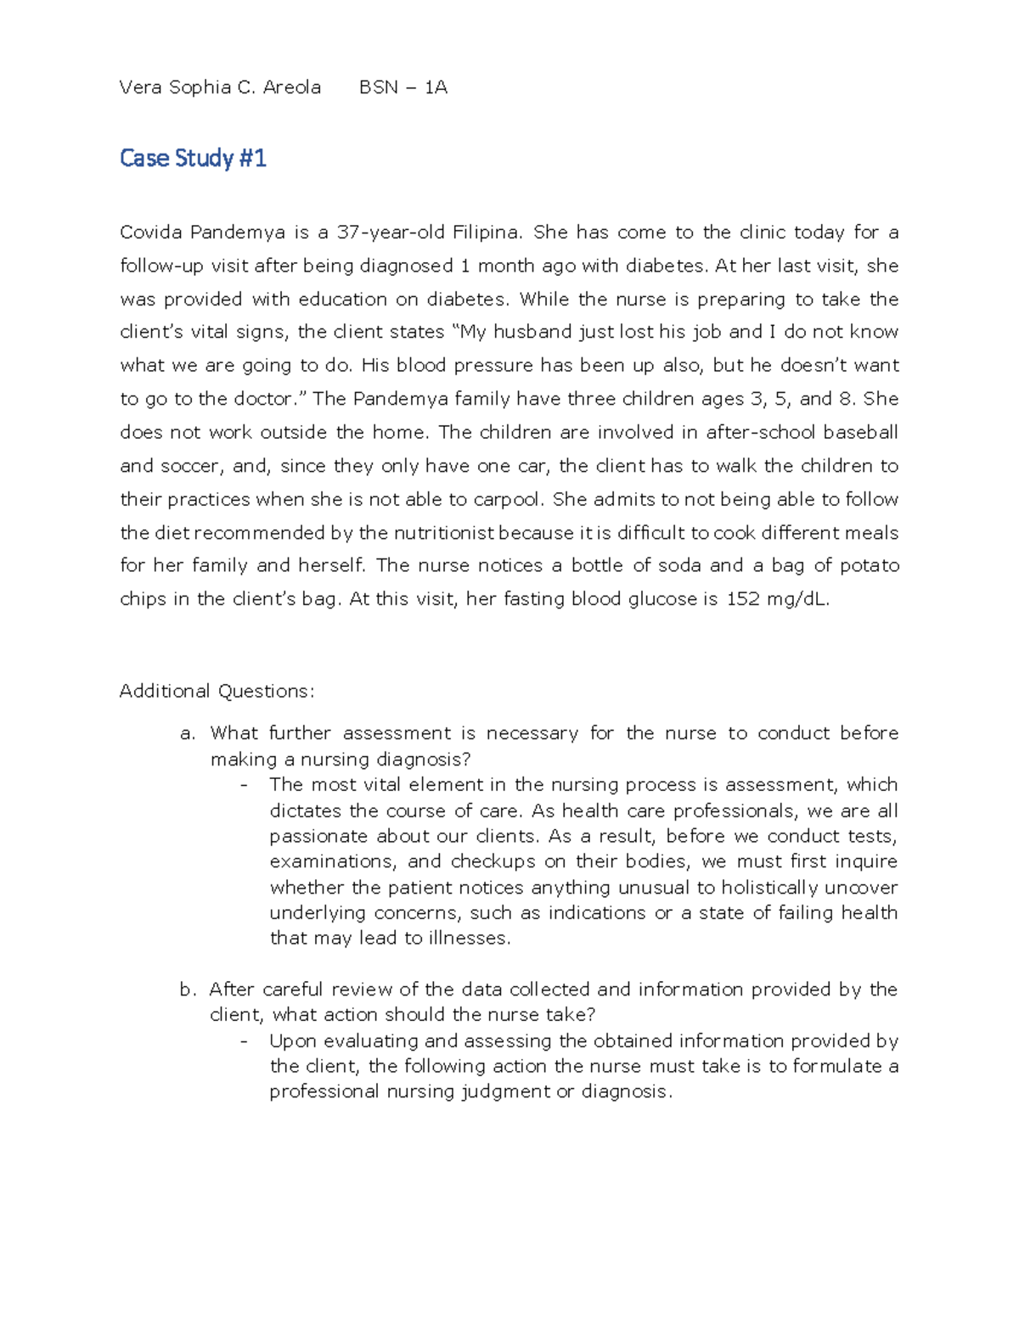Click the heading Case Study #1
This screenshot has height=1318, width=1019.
(x=193, y=159)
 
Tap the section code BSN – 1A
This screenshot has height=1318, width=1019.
(x=403, y=87)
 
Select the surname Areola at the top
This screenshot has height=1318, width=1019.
(x=292, y=87)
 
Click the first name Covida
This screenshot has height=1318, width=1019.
(x=151, y=233)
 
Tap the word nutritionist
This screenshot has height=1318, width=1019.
(x=431, y=533)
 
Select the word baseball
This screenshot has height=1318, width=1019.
(x=860, y=433)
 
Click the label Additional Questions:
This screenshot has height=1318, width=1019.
(x=217, y=692)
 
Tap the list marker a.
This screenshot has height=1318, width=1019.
(x=188, y=733)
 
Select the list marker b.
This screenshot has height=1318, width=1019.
(x=188, y=990)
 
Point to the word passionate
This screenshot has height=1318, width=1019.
(x=318, y=837)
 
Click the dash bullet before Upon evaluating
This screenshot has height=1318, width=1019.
(x=245, y=1041)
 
